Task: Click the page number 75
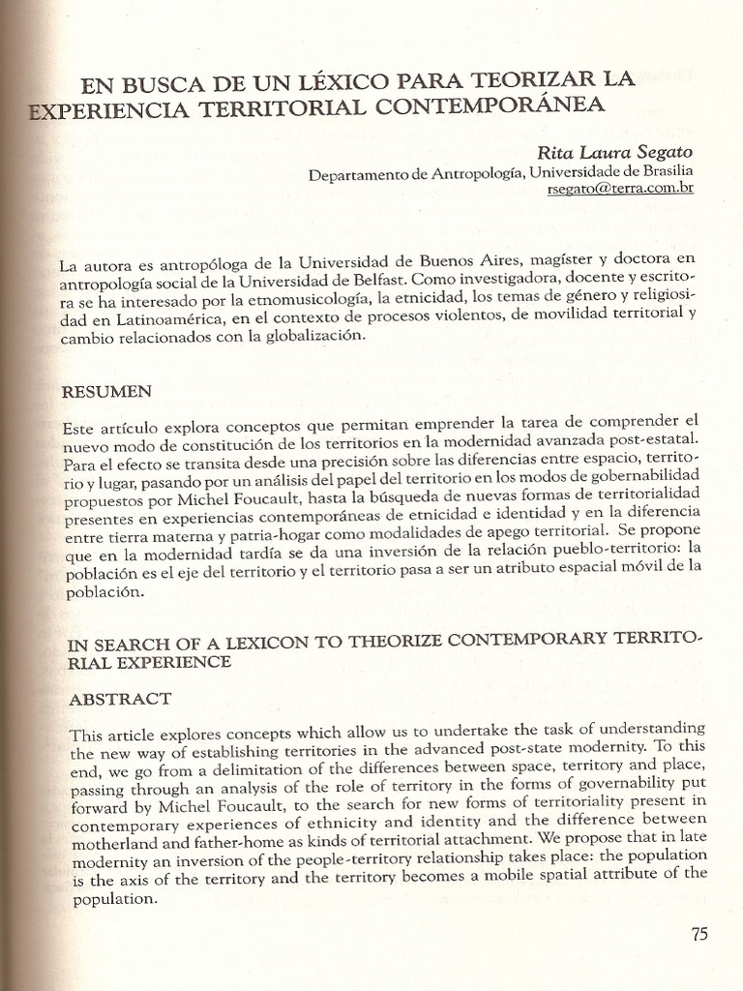(x=699, y=934)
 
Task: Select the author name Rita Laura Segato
(x=615, y=153)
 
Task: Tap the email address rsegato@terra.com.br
(x=620, y=189)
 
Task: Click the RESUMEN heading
(x=106, y=391)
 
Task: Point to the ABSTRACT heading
(x=120, y=699)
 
